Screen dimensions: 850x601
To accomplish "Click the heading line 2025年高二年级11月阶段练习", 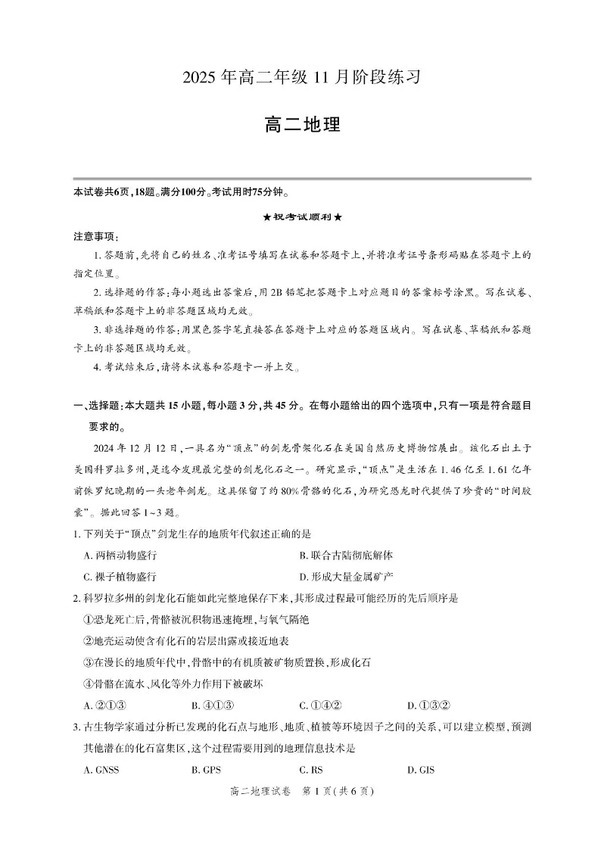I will pyautogui.click(x=300, y=77).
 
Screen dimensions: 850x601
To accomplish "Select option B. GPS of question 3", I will pyautogui.click(x=206, y=771).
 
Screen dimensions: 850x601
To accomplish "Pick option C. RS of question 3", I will pyautogui.click(x=311, y=771).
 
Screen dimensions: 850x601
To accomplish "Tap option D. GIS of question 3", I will pyautogui.click(x=421, y=771).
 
